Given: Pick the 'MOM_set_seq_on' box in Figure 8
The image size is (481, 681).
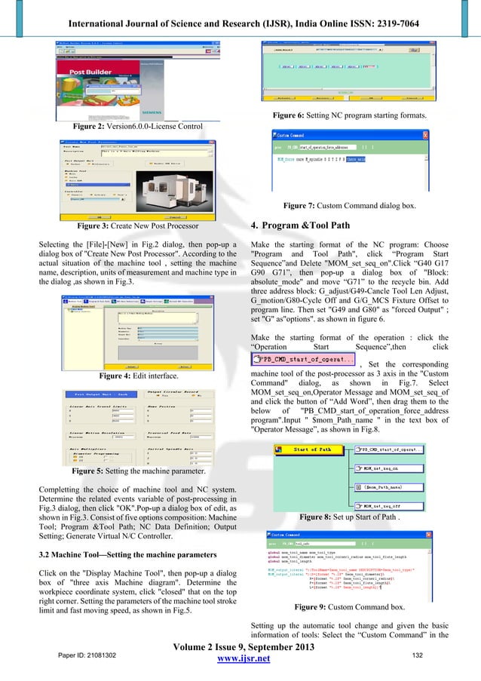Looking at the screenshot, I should pos(383,468).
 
